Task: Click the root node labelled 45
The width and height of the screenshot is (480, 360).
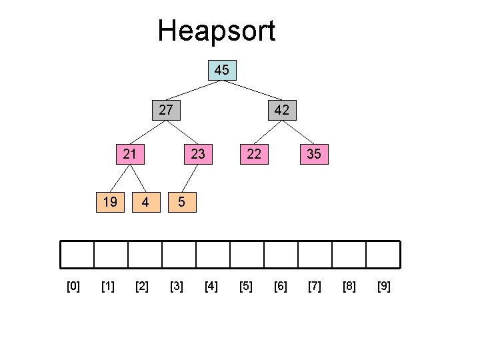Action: (x=222, y=70)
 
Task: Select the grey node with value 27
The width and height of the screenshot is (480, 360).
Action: (x=167, y=110)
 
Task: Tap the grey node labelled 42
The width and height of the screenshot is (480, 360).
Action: (x=281, y=110)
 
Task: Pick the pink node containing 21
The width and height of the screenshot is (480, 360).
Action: (x=130, y=154)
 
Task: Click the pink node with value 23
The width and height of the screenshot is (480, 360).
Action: (x=198, y=154)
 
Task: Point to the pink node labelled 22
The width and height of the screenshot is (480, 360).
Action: (x=253, y=154)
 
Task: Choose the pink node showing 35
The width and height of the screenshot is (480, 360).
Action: (x=313, y=154)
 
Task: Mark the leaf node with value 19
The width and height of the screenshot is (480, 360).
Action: (x=109, y=201)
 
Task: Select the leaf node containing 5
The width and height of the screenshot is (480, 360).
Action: (x=181, y=201)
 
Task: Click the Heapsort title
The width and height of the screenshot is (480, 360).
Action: (x=216, y=31)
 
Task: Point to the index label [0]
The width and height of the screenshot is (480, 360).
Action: (x=73, y=287)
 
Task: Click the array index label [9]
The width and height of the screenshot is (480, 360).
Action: (x=384, y=287)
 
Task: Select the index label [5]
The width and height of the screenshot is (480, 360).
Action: (x=246, y=287)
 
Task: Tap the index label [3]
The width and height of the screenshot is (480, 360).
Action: (x=177, y=287)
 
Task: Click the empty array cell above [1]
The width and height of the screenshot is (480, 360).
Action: (x=111, y=254)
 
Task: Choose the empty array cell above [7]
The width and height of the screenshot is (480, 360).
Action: (x=315, y=254)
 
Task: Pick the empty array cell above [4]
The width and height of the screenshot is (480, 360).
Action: (x=213, y=254)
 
